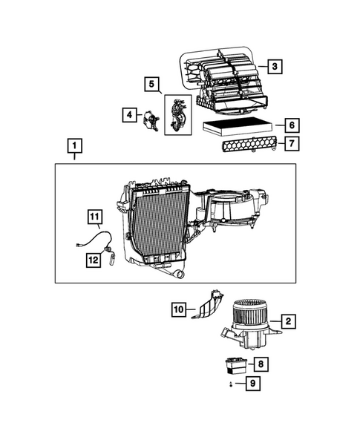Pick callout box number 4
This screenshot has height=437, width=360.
tap(128, 115)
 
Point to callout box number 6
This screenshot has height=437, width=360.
tap(291, 125)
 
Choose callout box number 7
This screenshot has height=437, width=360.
tap(291, 143)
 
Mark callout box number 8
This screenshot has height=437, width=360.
tap(261, 364)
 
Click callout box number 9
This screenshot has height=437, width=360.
tap(254, 384)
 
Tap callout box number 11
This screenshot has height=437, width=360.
tap(95, 217)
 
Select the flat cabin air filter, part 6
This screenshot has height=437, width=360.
tap(238, 127)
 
